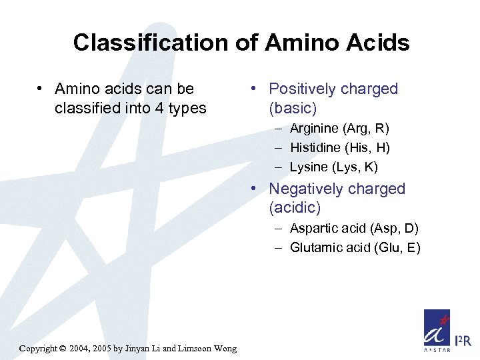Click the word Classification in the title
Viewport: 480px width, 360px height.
(151, 43)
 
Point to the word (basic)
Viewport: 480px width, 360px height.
(293, 108)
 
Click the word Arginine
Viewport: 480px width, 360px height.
(313, 128)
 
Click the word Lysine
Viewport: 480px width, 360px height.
(309, 167)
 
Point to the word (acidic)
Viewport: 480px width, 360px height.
(295, 208)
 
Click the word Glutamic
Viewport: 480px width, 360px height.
(314, 248)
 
